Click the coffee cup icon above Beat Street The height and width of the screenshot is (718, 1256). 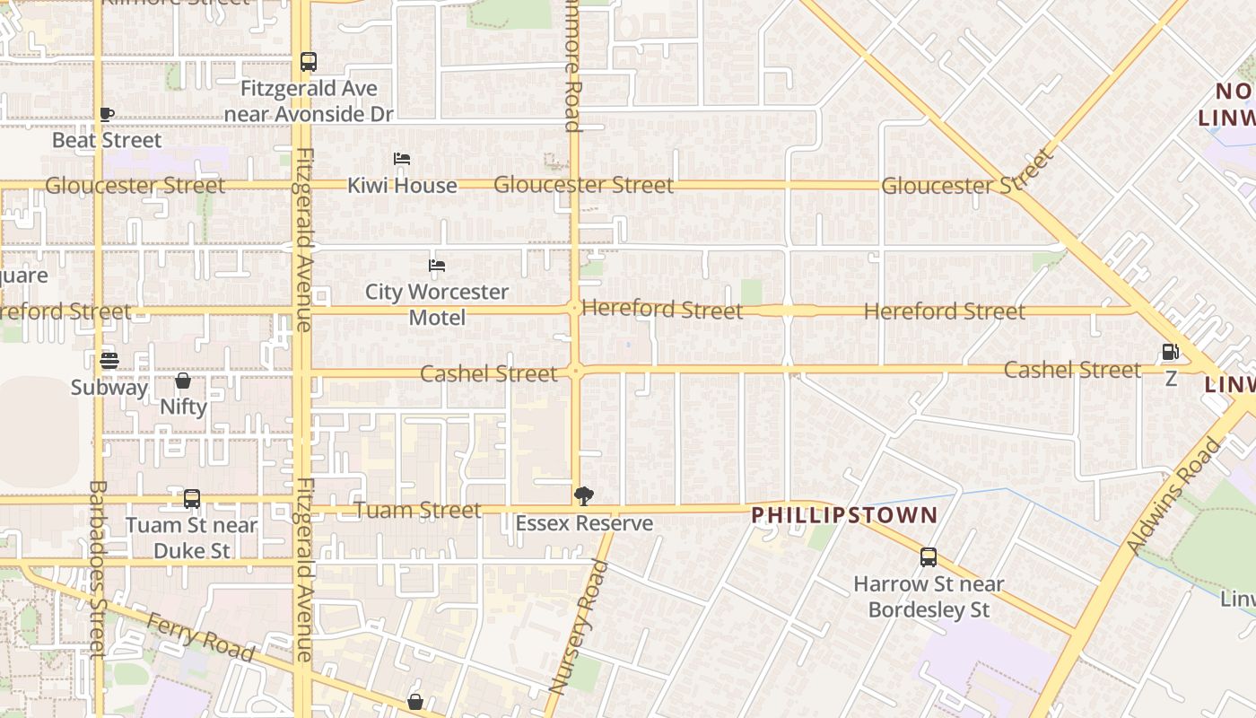(x=107, y=114)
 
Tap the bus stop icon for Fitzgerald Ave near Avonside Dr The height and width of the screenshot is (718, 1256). (x=308, y=62)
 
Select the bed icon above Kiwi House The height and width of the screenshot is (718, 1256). (x=402, y=159)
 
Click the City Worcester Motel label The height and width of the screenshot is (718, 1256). (x=437, y=304)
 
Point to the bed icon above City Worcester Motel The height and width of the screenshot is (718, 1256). (x=437, y=266)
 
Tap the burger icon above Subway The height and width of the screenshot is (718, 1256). (x=109, y=361)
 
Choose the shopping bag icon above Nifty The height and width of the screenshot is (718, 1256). (x=183, y=381)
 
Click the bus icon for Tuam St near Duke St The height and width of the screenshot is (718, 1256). (x=192, y=499)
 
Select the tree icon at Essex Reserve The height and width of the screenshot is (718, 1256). (x=584, y=496)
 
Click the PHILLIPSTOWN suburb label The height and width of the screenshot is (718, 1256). (x=844, y=515)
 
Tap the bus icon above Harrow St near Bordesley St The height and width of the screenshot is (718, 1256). (x=929, y=557)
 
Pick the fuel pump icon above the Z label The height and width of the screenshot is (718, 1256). (x=1170, y=352)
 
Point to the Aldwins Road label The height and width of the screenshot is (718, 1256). (x=1174, y=495)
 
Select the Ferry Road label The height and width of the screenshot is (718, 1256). (x=200, y=635)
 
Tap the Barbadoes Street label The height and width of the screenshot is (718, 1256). (x=97, y=567)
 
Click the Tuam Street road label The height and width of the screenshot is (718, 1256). (x=418, y=510)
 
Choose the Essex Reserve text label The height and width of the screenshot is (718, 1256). (x=584, y=523)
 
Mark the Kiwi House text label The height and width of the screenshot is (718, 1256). (x=402, y=186)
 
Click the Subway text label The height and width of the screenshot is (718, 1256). (x=109, y=388)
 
